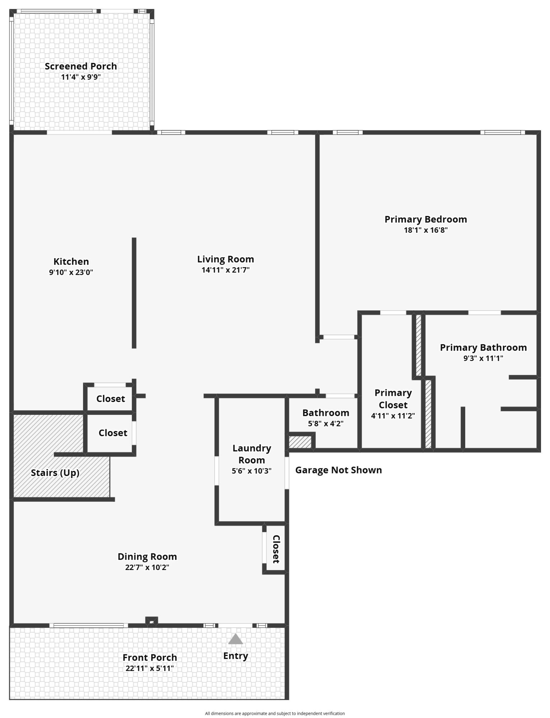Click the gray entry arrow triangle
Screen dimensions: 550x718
point(235,639)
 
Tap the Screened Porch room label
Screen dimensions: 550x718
point(81,66)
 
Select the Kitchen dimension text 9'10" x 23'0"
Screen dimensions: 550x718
point(71,272)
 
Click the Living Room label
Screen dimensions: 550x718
point(226,259)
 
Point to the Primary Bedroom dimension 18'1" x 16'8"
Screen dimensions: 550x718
point(426,230)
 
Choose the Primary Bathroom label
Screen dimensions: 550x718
point(483,348)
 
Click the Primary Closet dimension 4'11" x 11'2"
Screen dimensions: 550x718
point(393,416)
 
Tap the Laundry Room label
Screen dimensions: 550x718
point(251,454)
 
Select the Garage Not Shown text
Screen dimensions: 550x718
point(338,470)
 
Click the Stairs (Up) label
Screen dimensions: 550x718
point(55,473)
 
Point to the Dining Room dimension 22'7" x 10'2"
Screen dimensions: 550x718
point(147,568)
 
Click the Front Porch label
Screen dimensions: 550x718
point(150,658)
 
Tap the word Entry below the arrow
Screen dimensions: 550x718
point(236,656)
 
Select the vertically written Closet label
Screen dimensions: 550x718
point(276,549)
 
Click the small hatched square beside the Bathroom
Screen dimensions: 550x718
point(300,442)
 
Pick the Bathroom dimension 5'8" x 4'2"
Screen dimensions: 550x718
point(325,424)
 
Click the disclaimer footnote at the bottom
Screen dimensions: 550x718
point(275,714)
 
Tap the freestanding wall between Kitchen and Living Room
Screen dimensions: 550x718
point(134,293)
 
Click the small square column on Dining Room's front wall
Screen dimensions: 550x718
point(152,621)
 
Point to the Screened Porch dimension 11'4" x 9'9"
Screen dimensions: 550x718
point(81,77)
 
